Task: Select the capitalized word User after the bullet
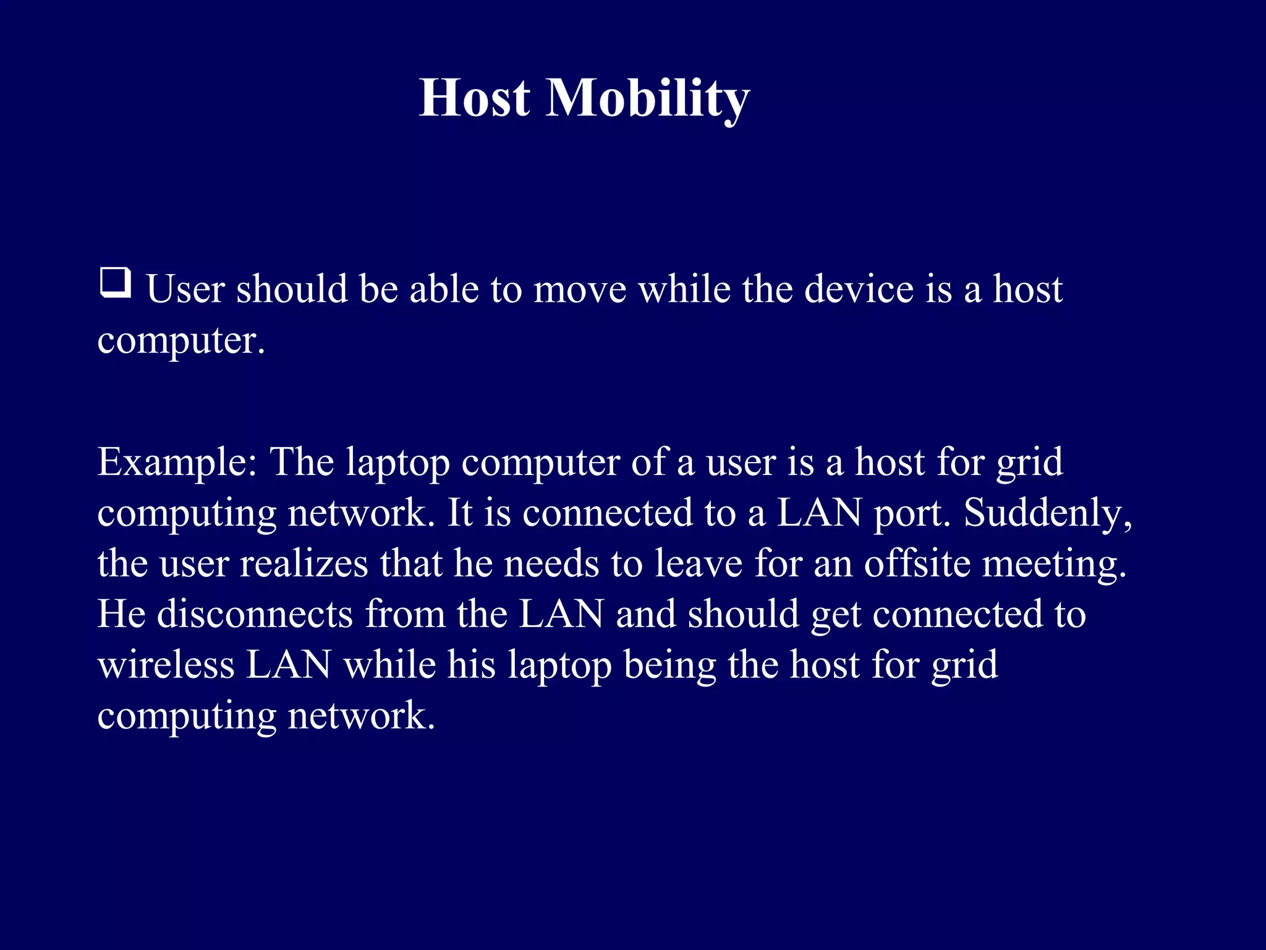[185, 289]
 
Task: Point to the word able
[443, 289]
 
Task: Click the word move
[580, 289]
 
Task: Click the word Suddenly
[1047, 513]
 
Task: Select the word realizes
[304, 563]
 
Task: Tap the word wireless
[166, 665]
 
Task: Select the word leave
[698, 563]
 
